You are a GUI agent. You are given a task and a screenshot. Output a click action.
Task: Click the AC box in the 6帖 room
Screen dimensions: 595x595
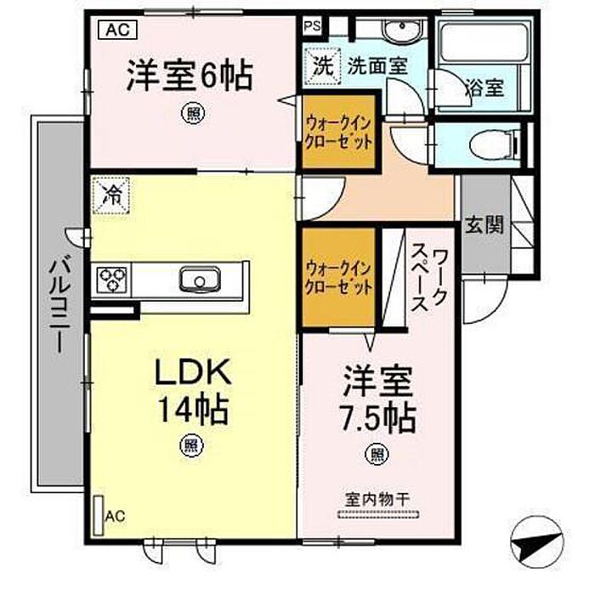[x=117, y=30]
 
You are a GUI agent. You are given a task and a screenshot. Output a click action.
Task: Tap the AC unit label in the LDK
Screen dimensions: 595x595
[x=116, y=516]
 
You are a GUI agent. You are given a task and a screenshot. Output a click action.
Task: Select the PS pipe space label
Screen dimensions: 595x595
[x=312, y=26]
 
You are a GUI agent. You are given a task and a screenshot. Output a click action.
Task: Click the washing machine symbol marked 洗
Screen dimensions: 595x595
[x=323, y=66]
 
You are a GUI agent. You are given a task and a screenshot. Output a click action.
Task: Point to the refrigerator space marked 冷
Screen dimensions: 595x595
[x=111, y=196]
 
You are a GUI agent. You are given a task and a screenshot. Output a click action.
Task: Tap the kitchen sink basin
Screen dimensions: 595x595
[x=200, y=280]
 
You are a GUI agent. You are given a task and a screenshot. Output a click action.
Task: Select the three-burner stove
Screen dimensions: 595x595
[x=111, y=280]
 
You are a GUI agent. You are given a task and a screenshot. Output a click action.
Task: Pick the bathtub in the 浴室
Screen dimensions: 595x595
[x=484, y=42]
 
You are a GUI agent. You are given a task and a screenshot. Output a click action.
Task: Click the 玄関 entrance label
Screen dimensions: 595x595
[x=484, y=224]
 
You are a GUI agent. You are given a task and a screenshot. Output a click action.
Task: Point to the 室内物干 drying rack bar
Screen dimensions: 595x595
[x=378, y=514]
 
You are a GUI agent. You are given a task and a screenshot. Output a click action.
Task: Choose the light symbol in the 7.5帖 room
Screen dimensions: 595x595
[x=377, y=454]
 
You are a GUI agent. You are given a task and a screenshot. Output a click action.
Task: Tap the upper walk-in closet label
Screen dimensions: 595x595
[x=339, y=132]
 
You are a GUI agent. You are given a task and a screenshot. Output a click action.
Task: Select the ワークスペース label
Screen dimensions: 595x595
[x=430, y=280]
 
